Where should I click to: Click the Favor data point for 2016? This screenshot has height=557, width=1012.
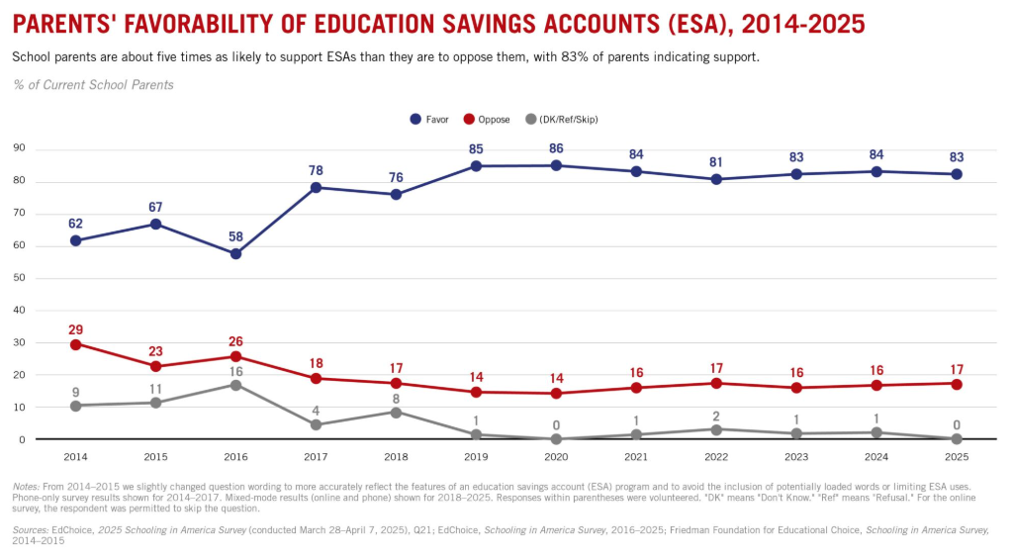pos(235,254)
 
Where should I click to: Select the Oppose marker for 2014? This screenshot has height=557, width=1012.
pos(75,344)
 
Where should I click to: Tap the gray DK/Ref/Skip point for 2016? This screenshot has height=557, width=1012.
pos(235,385)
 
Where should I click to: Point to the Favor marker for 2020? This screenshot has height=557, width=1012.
pos(556,165)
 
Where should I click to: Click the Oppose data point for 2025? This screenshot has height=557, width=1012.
pos(957,383)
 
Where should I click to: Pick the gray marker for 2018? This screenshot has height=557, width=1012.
pos(396,412)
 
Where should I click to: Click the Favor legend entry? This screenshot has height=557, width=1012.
pos(429,120)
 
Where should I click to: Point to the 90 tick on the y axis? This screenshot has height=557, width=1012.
pos(18,149)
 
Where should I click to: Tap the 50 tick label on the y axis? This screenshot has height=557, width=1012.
pos(18,278)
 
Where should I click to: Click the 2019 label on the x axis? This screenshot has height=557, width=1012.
pos(476,457)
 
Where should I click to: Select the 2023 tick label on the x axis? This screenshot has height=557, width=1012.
pos(796,457)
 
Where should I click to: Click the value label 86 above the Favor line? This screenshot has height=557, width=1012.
pos(556,148)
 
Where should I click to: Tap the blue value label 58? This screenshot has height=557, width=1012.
pos(235,236)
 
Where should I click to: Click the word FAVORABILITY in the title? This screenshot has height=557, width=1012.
pos(198,22)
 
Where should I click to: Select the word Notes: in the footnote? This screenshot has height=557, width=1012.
pos(27,486)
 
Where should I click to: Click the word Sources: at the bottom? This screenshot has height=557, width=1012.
pos(31,530)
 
